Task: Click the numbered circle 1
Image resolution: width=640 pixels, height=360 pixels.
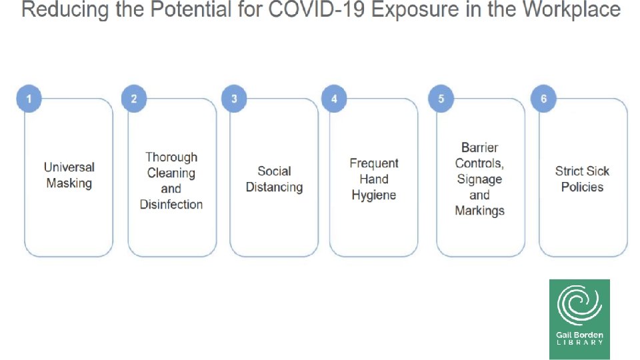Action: pyautogui.click(x=29, y=99)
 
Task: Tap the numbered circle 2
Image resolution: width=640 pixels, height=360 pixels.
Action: pyautogui.click(x=134, y=99)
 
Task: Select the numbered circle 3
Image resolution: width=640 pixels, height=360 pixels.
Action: pyautogui.click(x=234, y=99)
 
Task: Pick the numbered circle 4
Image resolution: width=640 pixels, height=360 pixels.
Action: pyautogui.click(x=334, y=99)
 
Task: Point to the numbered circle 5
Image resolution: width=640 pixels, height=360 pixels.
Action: pyautogui.click(x=441, y=99)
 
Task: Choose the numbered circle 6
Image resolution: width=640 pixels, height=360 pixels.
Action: pyautogui.click(x=543, y=99)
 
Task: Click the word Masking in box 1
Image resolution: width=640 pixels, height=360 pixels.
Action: pyautogui.click(x=69, y=183)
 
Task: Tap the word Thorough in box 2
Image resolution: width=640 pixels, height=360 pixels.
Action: pyautogui.click(x=171, y=157)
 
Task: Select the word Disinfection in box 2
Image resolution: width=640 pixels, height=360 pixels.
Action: pyautogui.click(x=171, y=205)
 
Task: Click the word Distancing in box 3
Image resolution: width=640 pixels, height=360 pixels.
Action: pyautogui.click(x=274, y=187)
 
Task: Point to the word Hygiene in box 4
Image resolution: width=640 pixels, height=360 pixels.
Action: pyautogui.click(x=374, y=195)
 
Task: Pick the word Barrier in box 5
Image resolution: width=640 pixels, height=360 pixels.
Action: pyautogui.click(x=479, y=147)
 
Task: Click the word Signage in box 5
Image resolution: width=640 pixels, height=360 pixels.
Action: pyautogui.click(x=479, y=179)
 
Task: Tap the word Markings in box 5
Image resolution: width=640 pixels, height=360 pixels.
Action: pyautogui.click(x=479, y=211)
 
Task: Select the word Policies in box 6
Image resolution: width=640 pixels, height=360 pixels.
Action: pyautogui.click(x=582, y=187)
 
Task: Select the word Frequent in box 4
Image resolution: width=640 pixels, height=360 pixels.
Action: pyautogui.click(x=374, y=163)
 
